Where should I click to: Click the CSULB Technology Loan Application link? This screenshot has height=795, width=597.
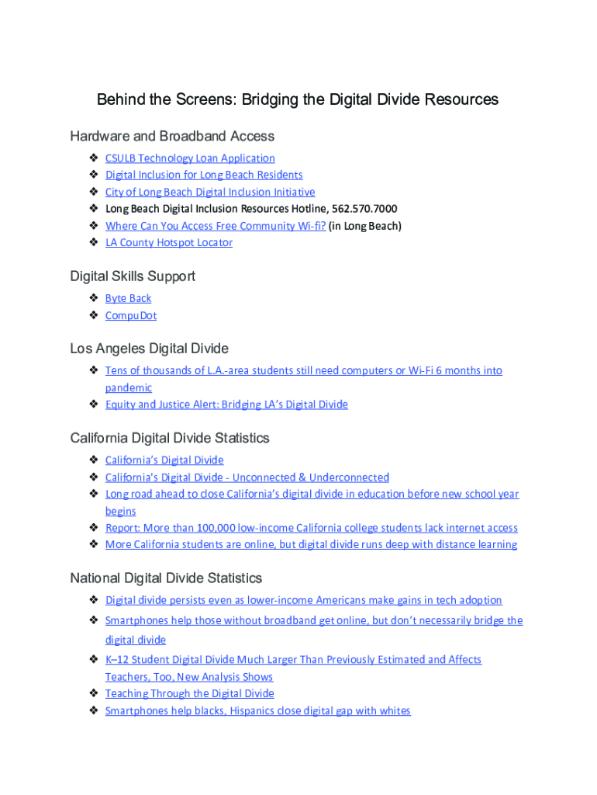[190, 158]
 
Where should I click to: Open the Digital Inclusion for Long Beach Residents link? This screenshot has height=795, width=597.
[204, 175]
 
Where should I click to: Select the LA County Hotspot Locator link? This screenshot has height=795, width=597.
[169, 243]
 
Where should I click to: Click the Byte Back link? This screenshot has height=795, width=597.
[129, 299]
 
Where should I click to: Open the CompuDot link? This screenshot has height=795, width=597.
[131, 316]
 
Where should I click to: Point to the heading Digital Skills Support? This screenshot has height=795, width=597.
[133, 276]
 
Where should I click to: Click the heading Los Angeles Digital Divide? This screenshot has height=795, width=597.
[149, 349]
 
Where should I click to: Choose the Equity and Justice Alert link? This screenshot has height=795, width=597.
[226, 404]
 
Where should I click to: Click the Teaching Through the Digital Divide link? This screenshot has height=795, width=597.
[190, 694]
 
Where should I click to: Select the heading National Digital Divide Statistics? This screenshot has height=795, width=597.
[166, 578]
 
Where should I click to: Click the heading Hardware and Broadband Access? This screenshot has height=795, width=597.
[172, 137]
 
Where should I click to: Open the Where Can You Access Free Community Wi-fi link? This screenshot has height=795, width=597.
[216, 226]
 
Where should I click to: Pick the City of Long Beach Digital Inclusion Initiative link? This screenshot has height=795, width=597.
[210, 193]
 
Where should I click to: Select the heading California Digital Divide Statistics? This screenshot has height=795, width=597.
[170, 439]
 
